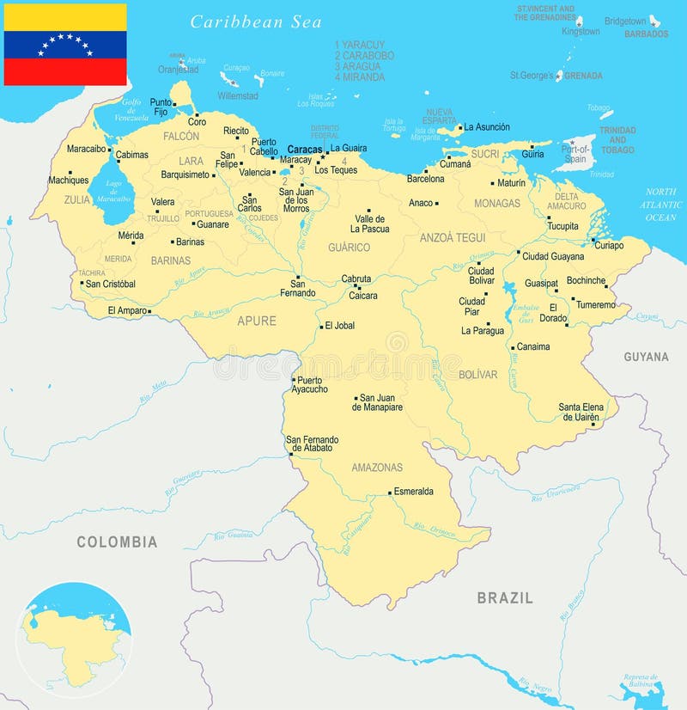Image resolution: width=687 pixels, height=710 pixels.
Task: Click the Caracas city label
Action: click(304, 149)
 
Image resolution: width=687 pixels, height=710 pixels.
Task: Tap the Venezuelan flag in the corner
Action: click(65, 45)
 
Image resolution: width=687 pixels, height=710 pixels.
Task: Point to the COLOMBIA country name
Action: click(117, 542)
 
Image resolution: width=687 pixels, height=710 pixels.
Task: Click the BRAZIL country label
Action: click(505, 597)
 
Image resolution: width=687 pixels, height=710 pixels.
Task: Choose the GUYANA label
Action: click(646, 357)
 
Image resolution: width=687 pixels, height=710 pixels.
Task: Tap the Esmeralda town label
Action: click(413, 492)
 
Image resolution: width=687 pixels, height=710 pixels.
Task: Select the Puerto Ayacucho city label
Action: click(312, 384)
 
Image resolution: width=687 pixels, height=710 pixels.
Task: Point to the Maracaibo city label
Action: click(86, 149)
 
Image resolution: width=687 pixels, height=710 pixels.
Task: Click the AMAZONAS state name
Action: click(377, 468)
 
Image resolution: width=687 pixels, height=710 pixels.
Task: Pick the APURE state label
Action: click(257, 321)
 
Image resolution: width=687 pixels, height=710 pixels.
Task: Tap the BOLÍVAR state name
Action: click(478, 375)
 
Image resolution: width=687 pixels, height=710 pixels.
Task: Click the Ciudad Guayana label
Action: click(553, 256)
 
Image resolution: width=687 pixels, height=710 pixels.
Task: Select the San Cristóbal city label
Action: click(110, 284)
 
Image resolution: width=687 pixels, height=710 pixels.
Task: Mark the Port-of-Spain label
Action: click(575, 154)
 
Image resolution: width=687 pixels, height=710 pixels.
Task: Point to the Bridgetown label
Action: click(625, 21)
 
